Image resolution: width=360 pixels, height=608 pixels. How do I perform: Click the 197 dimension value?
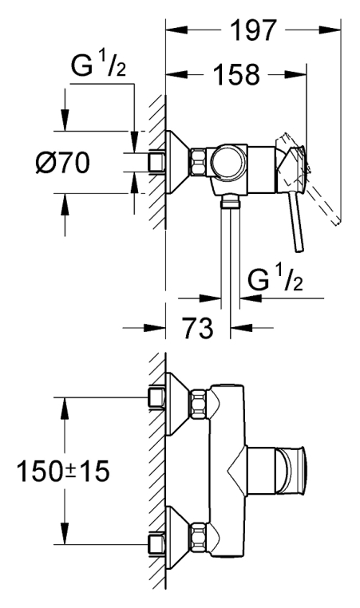255,30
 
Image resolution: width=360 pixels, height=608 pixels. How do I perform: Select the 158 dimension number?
236,74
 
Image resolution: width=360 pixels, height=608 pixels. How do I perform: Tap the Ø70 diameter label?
62,163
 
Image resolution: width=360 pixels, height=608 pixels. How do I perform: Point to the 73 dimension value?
198,328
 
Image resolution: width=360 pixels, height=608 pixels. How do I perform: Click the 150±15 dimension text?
63,472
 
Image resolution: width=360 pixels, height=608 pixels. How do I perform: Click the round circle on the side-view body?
228,162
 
